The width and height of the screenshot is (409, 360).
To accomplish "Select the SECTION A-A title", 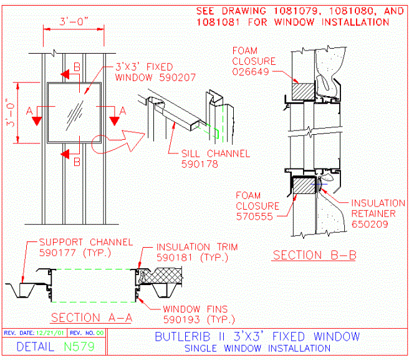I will click(92, 318).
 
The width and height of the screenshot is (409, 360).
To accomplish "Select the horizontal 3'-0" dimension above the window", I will click(74, 22).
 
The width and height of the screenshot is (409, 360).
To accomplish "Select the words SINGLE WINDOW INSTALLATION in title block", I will click(257, 348).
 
